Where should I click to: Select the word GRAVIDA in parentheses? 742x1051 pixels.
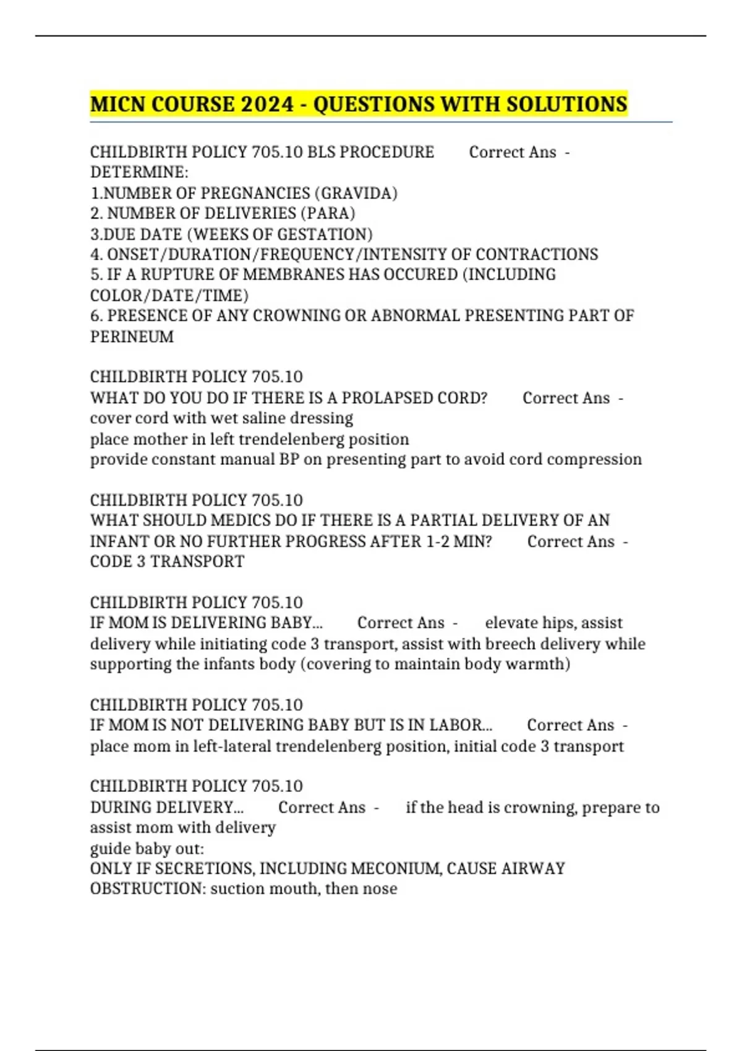356,194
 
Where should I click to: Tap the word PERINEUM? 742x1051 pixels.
132,337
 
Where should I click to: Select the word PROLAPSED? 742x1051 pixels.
386,398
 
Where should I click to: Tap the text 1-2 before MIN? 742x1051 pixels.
437,542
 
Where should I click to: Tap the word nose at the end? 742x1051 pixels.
381,889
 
